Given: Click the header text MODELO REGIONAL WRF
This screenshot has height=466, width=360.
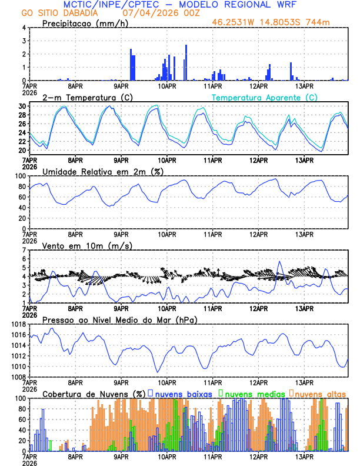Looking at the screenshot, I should click(247, 5).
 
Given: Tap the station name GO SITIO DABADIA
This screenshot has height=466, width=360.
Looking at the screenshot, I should click(58, 13).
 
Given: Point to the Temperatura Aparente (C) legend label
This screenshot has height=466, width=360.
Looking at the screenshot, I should click(265, 97).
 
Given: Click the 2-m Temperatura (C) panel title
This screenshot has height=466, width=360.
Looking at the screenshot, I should click(88, 97).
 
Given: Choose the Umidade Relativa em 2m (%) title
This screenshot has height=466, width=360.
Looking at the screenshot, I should click(102, 171).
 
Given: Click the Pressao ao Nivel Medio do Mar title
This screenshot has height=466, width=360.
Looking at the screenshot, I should click(120, 319).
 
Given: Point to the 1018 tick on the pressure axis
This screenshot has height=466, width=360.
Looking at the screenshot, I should click(18, 324).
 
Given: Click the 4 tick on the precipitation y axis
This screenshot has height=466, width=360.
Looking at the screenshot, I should click(24, 28).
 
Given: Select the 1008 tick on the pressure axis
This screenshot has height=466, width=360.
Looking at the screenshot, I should click(18, 377).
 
